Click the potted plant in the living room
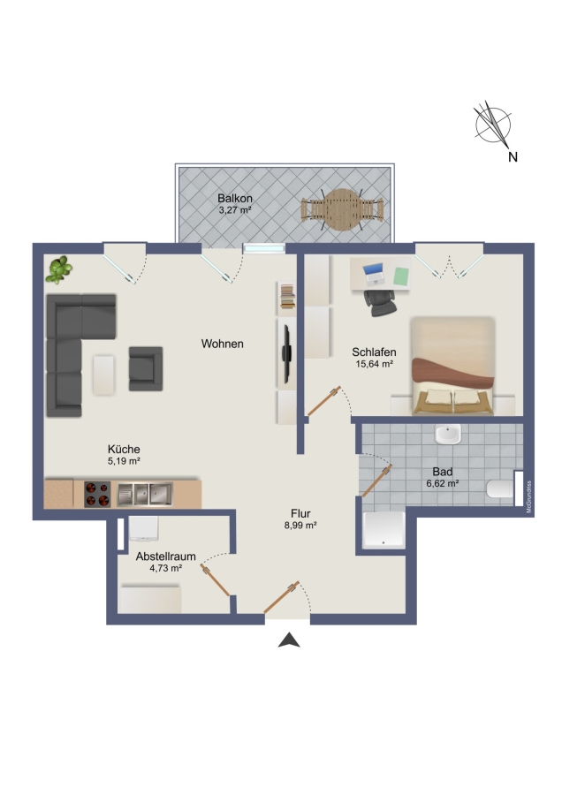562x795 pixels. [x=59, y=269]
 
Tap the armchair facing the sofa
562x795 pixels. [x=146, y=368]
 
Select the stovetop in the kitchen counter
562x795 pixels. [x=97, y=495]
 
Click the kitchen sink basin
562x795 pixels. [x=145, y=495]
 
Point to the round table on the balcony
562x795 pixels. [x=342, y=209]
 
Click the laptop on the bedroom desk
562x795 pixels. [x=374, y=275]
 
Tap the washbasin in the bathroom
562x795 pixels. [x=448, y=434]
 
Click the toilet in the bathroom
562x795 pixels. [x=500, y=489]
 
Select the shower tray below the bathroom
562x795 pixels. [x=384, y=530]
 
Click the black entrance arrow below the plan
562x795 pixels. [x=289, y=640]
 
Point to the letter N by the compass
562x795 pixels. [x=513, y=157]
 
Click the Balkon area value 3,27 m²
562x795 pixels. [x=235, y=210]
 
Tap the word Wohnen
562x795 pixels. [x=222, y=344]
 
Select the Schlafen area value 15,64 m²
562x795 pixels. [x=375, y=364]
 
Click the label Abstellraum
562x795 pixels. [x=166, y=556]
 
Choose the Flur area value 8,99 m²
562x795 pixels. [x=300, y=526]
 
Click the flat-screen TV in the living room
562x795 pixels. [x=287, y=354]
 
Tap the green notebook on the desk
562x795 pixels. [x=401, y=276]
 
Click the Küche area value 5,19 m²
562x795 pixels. [x=124, y=461]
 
